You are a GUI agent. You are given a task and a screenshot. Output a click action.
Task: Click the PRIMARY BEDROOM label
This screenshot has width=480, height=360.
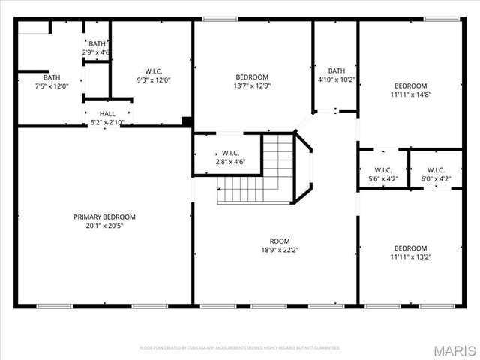(104, 217)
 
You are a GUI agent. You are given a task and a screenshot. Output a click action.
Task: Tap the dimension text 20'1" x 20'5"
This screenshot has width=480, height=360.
(104, 226)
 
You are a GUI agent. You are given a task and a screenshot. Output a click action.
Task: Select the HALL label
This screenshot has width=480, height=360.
(107, 113)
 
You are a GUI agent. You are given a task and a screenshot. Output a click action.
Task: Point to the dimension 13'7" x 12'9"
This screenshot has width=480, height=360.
(253, 85)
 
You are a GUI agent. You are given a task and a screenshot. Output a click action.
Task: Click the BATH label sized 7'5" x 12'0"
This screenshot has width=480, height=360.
(51, 76)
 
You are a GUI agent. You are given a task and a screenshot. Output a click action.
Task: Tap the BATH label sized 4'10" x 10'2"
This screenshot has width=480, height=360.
(336, 71)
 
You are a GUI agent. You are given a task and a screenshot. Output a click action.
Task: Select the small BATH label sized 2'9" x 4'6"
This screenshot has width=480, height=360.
(97, 43)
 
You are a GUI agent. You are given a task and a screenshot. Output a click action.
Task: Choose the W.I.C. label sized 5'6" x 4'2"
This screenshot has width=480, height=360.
(382, 169)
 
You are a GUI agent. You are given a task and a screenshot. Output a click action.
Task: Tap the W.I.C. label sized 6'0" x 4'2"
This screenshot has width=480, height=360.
(436, 169)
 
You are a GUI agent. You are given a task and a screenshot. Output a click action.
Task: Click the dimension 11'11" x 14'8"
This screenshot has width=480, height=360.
(410, 94)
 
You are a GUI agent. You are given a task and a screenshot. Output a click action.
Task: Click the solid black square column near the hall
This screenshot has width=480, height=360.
(187, 121)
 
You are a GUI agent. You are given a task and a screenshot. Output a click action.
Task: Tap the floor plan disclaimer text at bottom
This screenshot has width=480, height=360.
(239, 348)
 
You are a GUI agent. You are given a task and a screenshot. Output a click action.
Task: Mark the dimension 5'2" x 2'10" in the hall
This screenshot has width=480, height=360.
(107, 122)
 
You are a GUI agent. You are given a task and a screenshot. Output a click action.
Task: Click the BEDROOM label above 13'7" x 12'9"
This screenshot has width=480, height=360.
(252, 76)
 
